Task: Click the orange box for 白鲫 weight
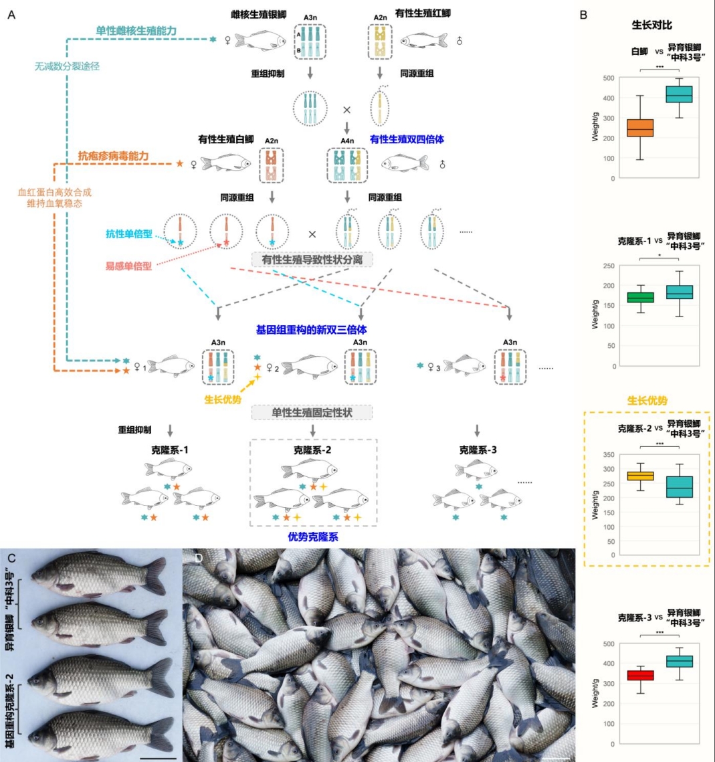pyautogui.click(x=640, y=128)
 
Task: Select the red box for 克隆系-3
pyautogui.click(x=640, y=675)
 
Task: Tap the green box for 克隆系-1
pyautogui.click(x=640, y=297)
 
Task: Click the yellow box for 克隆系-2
pyautogui.click(x=640, y=476)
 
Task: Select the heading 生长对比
pyautogui.click(x=652, y=25)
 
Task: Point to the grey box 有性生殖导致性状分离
pyautogui.click(x=312, y=259)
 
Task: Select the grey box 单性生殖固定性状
pyautogui.click(x=312, y=412)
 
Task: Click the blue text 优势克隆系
pyautogui.click(x=312, y=537)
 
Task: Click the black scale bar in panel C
pyautogui.click(x=159, y=757)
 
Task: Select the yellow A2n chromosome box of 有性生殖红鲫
pyautogui.click(x=381, y=41)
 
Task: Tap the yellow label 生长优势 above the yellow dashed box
pyautogui.click(x=649, y=401)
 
